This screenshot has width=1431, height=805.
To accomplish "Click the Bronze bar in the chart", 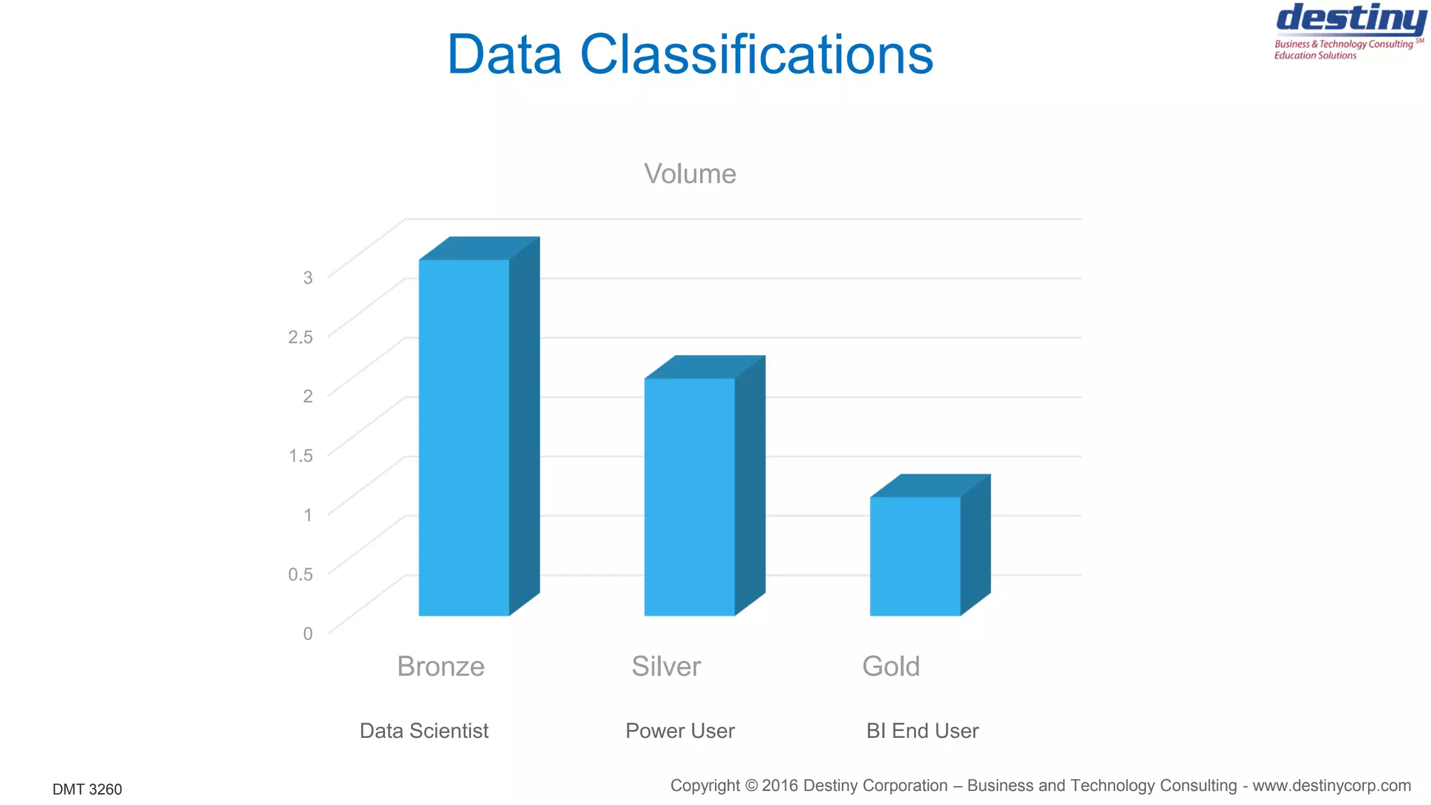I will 464,437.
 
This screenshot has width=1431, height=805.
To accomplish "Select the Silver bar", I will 690,496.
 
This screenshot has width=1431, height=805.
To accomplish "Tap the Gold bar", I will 915,556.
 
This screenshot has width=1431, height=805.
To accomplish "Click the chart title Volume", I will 690,174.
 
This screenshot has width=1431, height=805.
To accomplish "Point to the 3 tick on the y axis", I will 307,277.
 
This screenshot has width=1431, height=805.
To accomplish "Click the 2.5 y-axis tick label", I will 300,337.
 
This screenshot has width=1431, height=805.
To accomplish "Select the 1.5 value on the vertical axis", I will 300,456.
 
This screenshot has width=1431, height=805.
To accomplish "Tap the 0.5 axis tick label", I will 300,574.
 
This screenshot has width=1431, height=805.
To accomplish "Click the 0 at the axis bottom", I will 307,634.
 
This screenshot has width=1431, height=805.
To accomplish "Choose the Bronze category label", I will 440,667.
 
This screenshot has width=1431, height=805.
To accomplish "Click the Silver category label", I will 666,667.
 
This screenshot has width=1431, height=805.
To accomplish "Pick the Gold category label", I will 891,667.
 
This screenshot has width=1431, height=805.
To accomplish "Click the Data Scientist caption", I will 424,731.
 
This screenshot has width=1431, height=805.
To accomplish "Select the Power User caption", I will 680,731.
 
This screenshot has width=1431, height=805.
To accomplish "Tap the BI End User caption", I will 922,731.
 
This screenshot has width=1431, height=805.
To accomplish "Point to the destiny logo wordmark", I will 1351,19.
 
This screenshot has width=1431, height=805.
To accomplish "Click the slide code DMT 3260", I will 87,790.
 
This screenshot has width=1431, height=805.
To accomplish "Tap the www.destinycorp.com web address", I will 1331,786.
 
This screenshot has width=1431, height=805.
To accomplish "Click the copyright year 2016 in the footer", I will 780,786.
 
